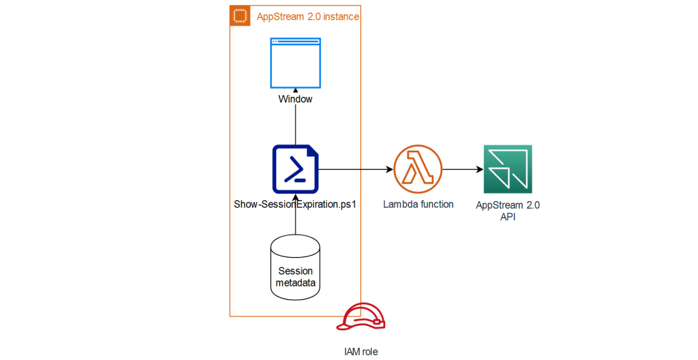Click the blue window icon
pos(295,63)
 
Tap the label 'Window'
pos(295,100)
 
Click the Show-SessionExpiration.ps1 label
pos(296,204)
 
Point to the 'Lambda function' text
pos(418,204)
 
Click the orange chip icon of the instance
pos(239,16)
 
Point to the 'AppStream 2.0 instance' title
pos(307,16)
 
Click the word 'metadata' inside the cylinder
pos(295,282)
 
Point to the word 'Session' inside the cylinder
pos(295,271)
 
